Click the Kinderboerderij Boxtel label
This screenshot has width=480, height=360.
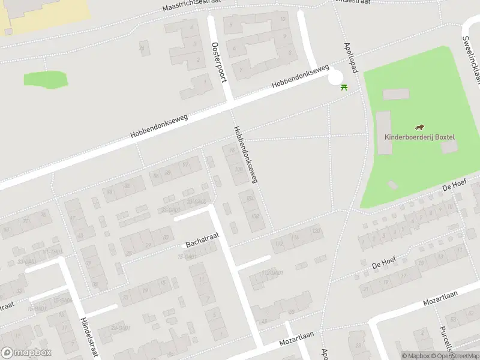pyautogui.click(x=419, y=137)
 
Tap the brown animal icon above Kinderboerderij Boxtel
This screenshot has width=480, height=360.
pyautogui.click(x=420, y=127)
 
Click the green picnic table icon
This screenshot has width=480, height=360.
pyautogui.click(x=344, y=88)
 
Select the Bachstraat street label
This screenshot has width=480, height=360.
pyautogui.click(x=202, y=240)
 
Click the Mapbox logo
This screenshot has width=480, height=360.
pyautogui.click(x=26, y=353)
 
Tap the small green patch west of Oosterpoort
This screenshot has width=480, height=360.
pyautogui.click(x=46, y=79)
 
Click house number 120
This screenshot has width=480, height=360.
pyautogui.click(x=316, y=231)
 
